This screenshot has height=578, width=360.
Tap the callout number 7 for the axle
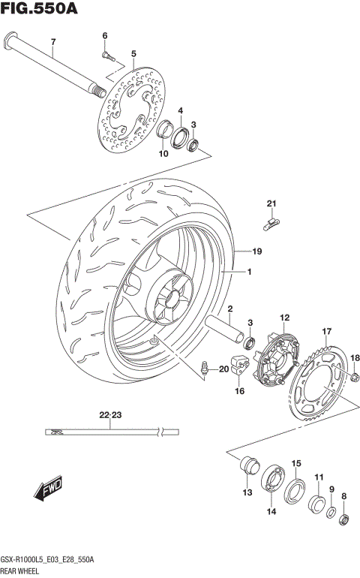point(52,42)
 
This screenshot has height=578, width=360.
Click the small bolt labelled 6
point(106,53)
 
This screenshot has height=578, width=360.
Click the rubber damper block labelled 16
point(239,363)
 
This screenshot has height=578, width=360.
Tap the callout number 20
point(223,369)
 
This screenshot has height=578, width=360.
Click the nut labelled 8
point(344,517)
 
